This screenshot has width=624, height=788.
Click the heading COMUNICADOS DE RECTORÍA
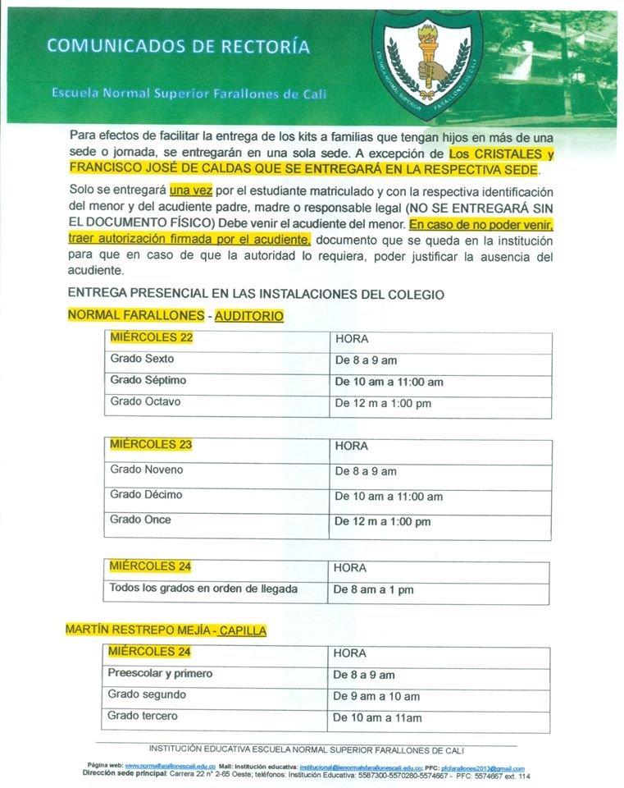point(178,46)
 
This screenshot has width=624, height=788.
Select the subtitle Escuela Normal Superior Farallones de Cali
point(189,94)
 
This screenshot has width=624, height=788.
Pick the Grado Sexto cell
point(142,359)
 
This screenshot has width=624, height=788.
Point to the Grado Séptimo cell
point(148,380)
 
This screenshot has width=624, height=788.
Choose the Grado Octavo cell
point(145,402)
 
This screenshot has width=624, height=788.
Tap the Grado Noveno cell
point(146,470)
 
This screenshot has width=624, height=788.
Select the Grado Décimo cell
point(146,495)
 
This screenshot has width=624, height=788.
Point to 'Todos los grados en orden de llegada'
point(203,589)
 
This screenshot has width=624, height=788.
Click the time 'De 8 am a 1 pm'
point(373,589)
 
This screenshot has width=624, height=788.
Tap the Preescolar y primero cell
point(160,674)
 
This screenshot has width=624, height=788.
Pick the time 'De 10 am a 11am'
point(377,717)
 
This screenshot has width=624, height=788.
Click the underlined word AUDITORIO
point(249,315)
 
